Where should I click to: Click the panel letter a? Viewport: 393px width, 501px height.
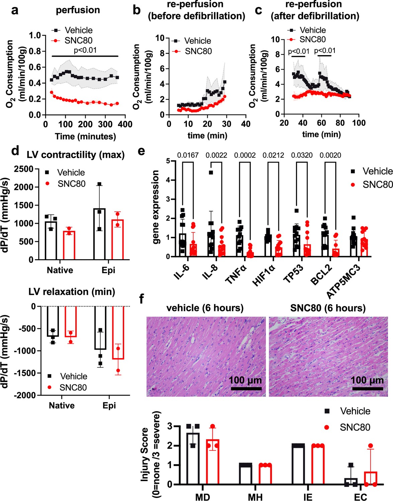click(14, 10)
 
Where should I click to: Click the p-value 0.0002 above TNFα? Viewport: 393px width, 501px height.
click(245, 155)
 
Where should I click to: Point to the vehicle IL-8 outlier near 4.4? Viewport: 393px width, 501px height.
click(211, 173)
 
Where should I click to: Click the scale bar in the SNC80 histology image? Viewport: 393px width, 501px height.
click(368, 388)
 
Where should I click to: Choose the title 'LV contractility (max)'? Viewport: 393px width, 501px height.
click(76, 155)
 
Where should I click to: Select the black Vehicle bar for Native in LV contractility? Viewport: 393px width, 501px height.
click(51, 240)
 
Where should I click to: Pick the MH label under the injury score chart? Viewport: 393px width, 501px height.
click(255, 497)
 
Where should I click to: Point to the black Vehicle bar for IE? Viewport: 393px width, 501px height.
click(298, 465)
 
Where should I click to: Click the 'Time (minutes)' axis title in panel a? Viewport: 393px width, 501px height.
click(86, 136)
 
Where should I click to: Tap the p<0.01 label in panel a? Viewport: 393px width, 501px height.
click(85, 50)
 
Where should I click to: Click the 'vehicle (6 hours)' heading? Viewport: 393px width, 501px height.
click(205, 308)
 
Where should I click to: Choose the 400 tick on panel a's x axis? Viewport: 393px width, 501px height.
click(125, 124)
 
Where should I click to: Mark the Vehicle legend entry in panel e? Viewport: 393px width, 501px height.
click(377, 171)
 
